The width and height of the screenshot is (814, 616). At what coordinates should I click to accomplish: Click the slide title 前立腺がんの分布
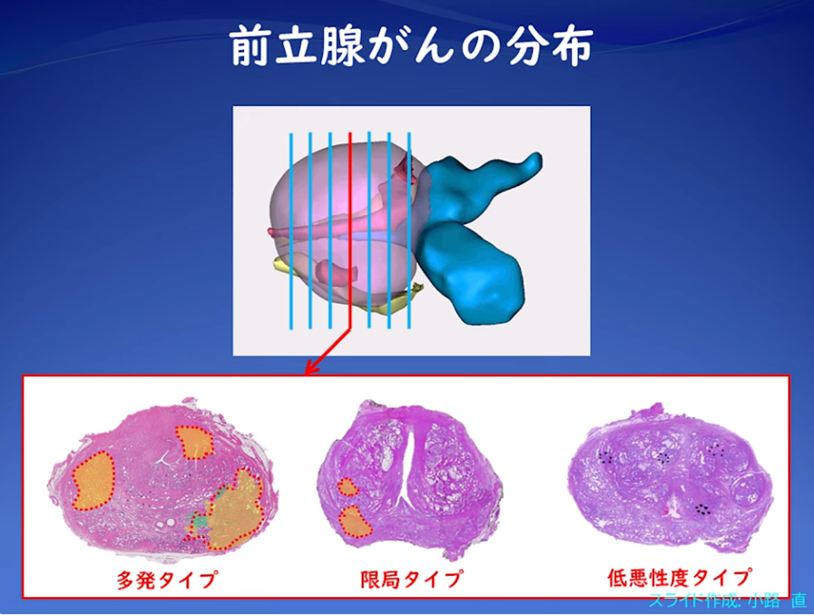click(411, 47)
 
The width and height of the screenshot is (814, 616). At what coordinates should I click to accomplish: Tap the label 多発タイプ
click(166, 579)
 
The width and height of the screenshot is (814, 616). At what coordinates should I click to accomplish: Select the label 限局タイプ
click(411, 578)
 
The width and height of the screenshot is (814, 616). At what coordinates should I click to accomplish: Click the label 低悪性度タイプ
click(680, 577)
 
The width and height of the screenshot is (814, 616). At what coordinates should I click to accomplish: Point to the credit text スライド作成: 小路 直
click(728, 601)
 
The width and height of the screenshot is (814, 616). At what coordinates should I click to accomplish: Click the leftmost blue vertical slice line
click(291, 231)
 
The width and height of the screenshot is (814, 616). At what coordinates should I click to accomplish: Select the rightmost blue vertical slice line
click(409, 231)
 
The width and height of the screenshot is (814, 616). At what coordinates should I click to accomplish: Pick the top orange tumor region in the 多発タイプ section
click(194, 443)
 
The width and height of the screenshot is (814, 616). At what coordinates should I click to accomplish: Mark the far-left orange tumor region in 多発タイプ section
click(93, 481)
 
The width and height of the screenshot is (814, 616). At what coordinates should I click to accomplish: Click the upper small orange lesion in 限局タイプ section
click(348, 487)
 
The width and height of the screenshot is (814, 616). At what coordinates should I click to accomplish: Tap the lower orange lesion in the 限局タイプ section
click(355, 521)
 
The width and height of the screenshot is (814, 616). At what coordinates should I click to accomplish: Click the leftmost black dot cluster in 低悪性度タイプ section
click(606, 457)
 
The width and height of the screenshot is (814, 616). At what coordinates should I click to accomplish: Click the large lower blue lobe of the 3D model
click(470, 273)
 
